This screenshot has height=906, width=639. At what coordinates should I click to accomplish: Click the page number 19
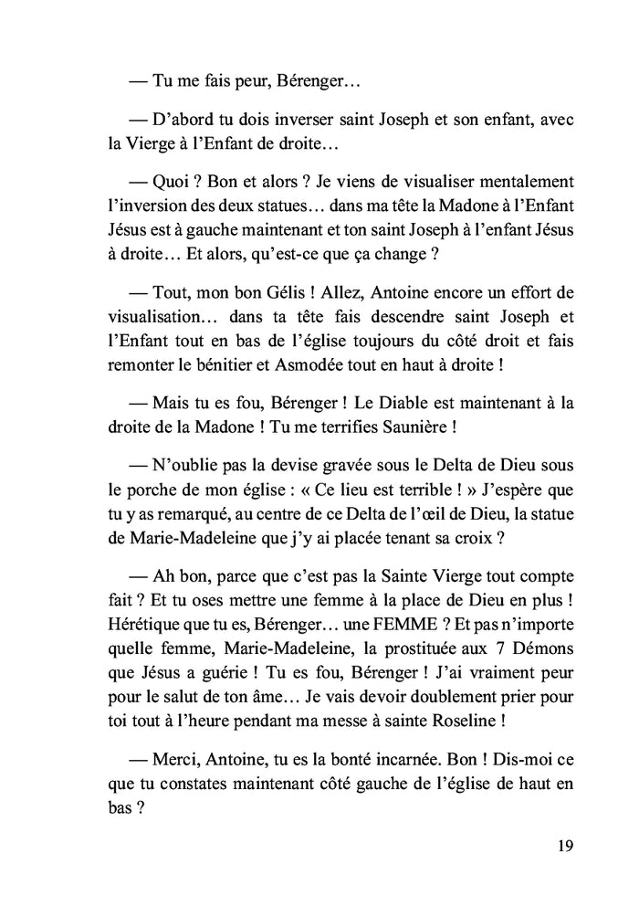pyautogui.click(x=563, y=845)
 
